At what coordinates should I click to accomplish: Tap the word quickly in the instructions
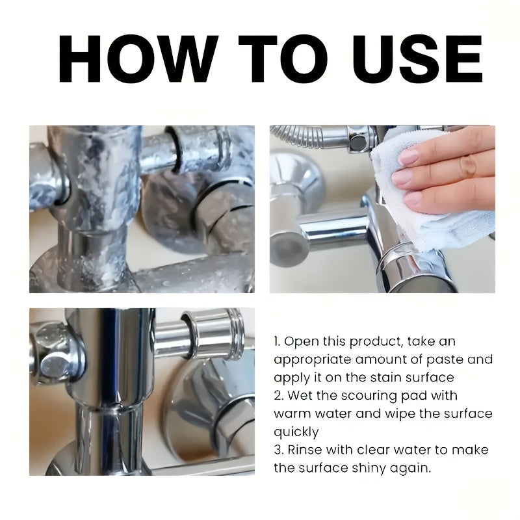pos(296,433)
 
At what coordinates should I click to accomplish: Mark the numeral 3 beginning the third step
pos(278,450)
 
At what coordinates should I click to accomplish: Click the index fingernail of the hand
pos(409,157)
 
